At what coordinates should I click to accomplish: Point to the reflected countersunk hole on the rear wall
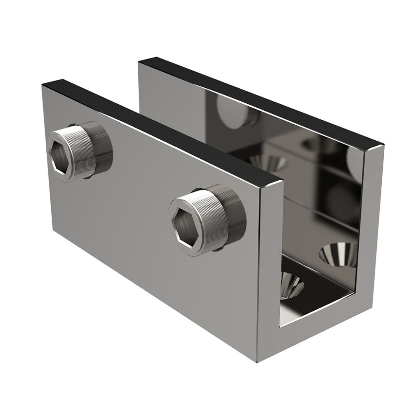click(x=269, y=162)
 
